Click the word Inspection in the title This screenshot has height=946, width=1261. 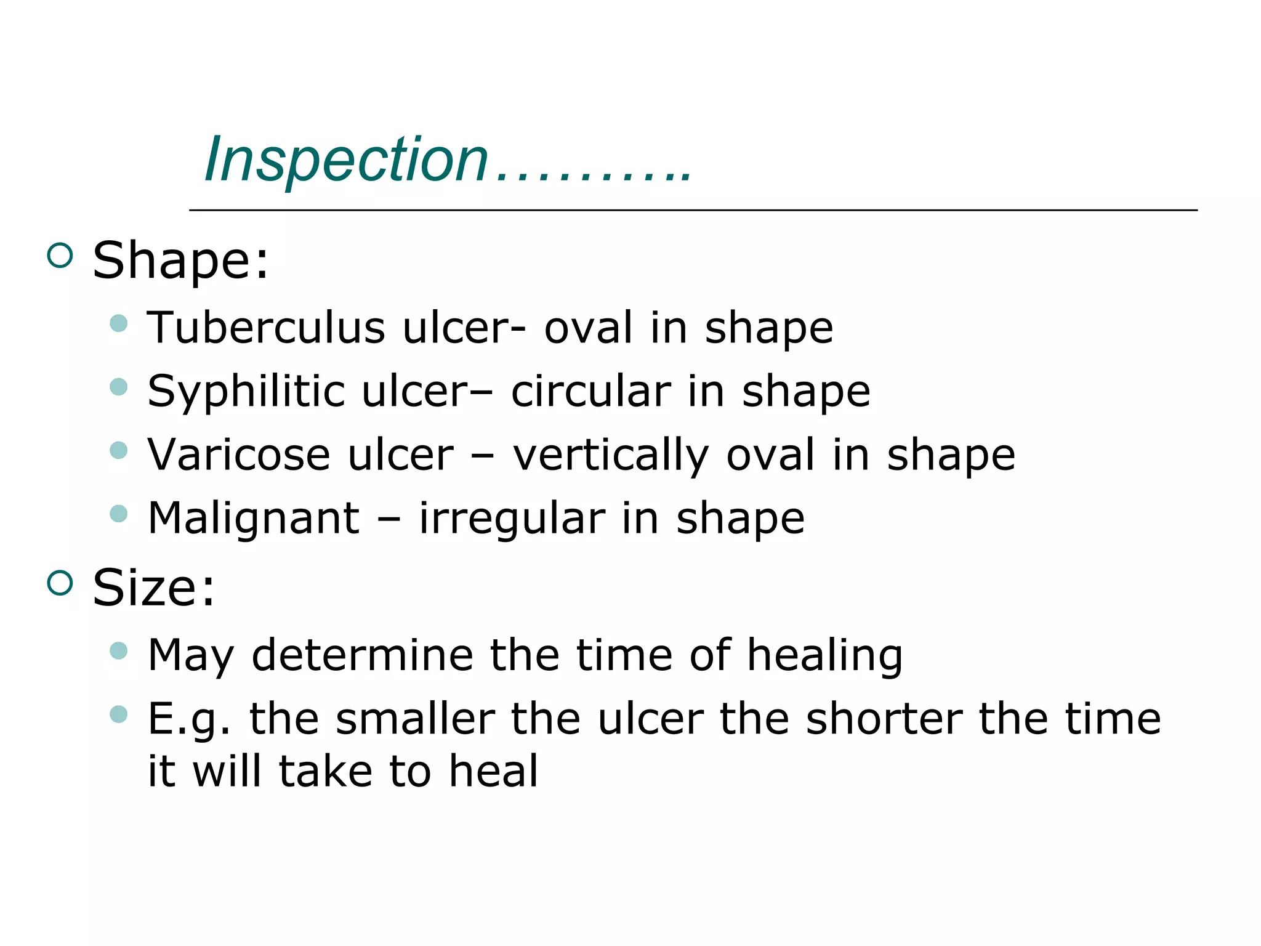tap(346, 160)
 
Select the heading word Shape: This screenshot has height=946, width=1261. tap(180, 261)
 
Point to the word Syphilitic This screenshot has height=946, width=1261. tap(246, 392)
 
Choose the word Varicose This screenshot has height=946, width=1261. tap(239, 455)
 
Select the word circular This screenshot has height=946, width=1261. tap(590, 392)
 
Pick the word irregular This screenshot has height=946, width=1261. tap(512, 519)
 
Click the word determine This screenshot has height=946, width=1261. tap(362, 655)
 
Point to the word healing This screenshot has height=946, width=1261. tap(824, 656)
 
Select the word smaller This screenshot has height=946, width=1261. tap(416, 719)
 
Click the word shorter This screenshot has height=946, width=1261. tap(884, 719)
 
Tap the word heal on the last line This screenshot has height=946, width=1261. tap(493, 771)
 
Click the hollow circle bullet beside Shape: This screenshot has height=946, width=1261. tap(60, 255)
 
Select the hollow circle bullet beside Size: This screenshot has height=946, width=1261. tap(60, 583)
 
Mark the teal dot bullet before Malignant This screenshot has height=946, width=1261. tap(118, 514)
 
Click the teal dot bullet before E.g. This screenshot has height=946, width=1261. tap(118, 714)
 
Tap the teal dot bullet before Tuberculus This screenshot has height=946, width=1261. tap(118, 323)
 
